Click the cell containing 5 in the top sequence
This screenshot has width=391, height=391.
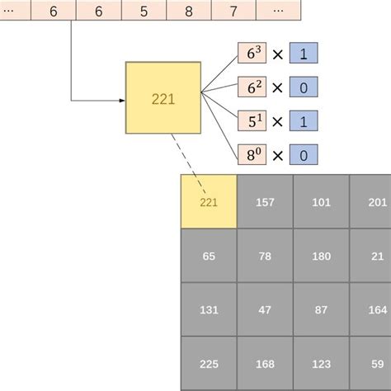click(144, 12)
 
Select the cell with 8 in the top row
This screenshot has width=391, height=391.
click(189, 12)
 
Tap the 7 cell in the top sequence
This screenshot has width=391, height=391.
click(233, 12)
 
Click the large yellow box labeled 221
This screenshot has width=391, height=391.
click(163, 97)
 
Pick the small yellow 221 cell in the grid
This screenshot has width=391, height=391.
click(209, 201)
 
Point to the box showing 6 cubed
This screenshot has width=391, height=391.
click(252, 53)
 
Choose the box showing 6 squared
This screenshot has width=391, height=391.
click(252, 87)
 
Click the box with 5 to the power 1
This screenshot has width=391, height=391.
click(252, 120)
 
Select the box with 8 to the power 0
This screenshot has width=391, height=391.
click(252, 154)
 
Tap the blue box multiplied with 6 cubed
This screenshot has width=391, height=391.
click(304, 53)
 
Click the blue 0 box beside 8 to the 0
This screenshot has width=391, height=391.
click(304, 154)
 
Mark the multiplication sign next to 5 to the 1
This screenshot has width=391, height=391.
click(278, 120)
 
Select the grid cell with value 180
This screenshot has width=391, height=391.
click(321, 256)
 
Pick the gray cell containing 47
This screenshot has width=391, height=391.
click(265, 309)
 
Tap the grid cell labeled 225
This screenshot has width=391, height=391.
click(209, 363)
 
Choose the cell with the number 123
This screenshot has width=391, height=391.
click(321, 363)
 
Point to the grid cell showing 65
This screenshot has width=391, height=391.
click(209, 256)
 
